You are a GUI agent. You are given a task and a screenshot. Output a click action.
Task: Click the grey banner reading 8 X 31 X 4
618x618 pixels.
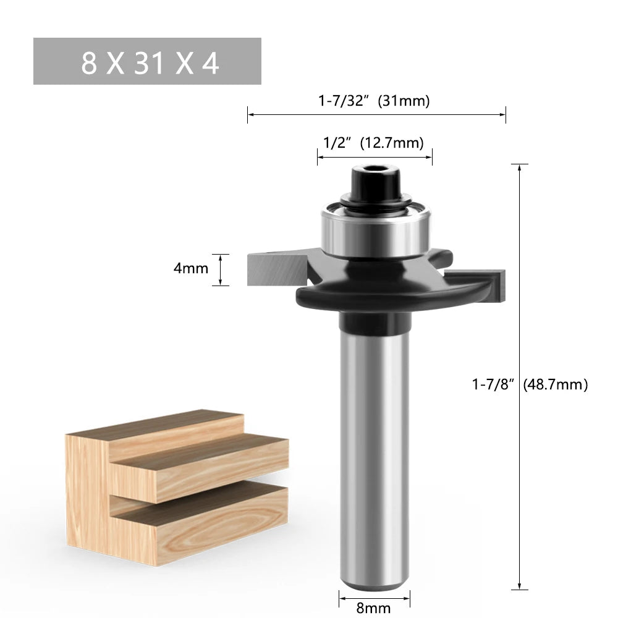click(147, 61)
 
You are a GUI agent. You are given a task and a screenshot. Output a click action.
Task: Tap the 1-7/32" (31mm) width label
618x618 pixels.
click(374, 100)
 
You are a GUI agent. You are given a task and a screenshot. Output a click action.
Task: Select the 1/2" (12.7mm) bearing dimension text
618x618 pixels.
click(373, 143)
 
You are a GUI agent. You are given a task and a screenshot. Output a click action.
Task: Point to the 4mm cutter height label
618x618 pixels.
click(190, 269)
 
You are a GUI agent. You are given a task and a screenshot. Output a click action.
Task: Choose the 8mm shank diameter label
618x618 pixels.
click(374, 609)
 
